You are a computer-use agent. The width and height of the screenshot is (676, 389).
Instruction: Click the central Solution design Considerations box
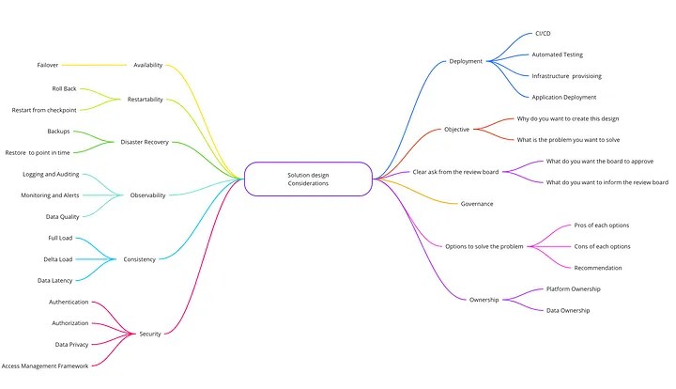click(x=308, y=178)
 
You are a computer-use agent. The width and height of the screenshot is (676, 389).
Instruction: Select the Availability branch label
click(x=147, y=65)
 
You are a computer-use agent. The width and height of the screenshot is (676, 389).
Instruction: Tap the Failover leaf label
click(x=48, y=65)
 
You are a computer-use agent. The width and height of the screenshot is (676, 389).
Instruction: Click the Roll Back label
click(x=65, y=88)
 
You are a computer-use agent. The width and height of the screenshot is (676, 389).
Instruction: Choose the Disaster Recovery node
click(x=145, y=142)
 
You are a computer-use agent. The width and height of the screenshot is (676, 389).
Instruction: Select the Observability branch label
click(x=147, y=195)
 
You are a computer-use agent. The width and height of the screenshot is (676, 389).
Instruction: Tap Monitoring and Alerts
click(x=51, y=195)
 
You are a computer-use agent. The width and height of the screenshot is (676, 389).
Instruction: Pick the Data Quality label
click(x=63, y=216)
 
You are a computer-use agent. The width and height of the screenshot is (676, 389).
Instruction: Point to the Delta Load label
click(x=60, y=259)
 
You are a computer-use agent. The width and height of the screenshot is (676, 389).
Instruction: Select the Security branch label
click(x=150, y=334)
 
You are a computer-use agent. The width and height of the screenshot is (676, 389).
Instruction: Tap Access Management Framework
click(x=45, y=366)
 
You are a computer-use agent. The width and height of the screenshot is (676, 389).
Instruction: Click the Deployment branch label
click(x=466, y=61)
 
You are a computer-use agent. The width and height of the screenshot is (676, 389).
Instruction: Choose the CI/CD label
click(x=544, y=33)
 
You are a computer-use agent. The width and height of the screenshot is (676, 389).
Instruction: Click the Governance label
click(x=477, y=203)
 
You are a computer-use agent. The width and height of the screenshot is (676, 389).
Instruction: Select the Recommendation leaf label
click(x=597, y=268)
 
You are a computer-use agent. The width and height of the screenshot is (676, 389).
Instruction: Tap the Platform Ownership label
click(x=573, y=288)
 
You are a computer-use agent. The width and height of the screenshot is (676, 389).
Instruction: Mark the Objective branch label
click(x=457, y=129)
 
